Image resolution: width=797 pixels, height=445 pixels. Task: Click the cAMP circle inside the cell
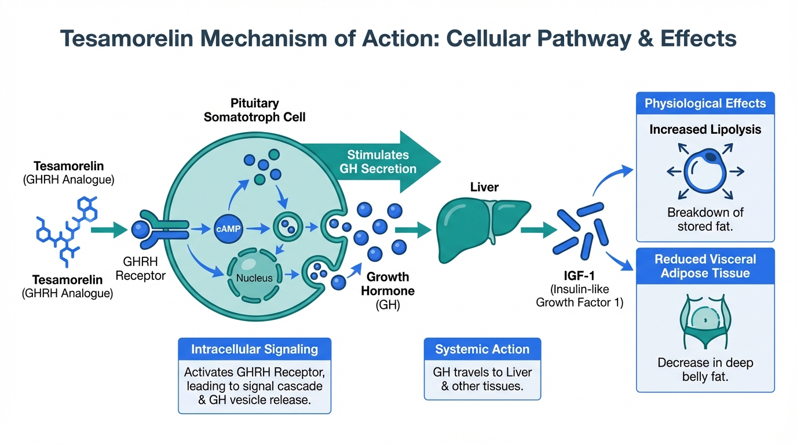(226, 229)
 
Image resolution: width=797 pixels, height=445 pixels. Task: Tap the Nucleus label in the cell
(254, 278)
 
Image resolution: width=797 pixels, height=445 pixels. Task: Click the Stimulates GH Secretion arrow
(382, 162)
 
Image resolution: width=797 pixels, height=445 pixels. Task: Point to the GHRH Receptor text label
(140, 269)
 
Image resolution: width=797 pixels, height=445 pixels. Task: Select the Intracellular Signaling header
(255, 349)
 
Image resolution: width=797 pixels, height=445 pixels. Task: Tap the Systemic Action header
(482, 349)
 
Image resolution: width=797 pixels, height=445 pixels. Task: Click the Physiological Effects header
(705, 104)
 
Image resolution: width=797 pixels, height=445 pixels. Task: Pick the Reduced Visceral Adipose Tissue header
(705, 266)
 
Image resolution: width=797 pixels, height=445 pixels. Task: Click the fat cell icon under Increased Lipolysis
(704, 171)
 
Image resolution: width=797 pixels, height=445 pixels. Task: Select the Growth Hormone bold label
(388, 283)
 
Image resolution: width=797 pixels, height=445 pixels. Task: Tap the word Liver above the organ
(484, 187)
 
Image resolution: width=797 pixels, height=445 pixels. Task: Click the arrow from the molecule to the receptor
(110, 229)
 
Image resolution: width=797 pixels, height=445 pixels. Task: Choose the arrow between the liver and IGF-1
(535, 230)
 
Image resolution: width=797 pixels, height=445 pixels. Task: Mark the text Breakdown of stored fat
(705, 219)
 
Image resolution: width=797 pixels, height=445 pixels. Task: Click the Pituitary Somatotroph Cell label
(254, 110)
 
